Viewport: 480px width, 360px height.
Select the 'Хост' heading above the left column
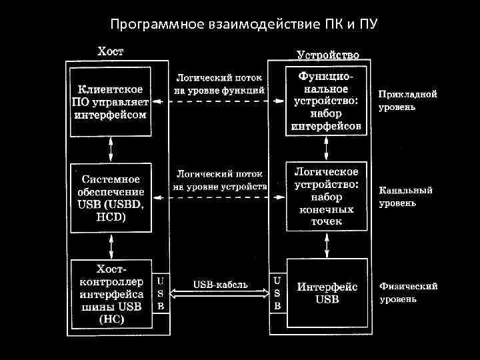pyautogui.click(x=110, y=51)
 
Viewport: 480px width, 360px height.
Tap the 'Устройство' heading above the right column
pyautogui.click(x=327, y=55)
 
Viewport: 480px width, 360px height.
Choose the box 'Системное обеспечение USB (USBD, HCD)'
pyautogui.click(x=110, y=198)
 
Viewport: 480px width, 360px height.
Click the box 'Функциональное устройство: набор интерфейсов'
pyautogui.click(x=327, y=101)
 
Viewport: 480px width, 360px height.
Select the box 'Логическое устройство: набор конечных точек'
pyautogui.click(x=327, y=197)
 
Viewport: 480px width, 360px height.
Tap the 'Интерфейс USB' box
pyautogui.click(x=327, y=293)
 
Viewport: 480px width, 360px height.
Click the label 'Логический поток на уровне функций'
pyautogui.click(x=220, y=83)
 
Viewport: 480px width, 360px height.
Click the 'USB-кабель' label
pyautogui.click(x=220, y=284)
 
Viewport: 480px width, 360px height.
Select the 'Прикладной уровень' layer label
pyautogui.click(x=408, y=100)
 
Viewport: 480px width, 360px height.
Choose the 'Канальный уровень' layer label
pyautogui.click(x=405, y=197)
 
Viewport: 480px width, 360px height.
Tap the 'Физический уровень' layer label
pyautogui.click(x=408, y=293)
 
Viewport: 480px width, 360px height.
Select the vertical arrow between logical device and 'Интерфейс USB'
pyautogui.click(x=327, y=245)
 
